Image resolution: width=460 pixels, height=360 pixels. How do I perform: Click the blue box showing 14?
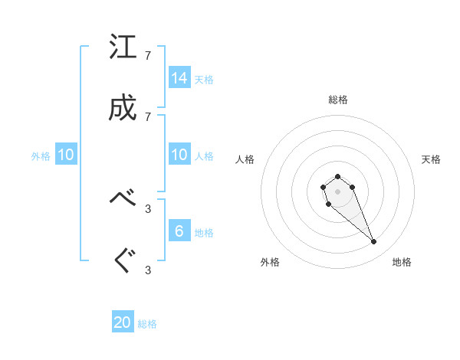(x=179, y=77)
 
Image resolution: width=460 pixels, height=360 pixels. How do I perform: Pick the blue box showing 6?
(x=179, y=231)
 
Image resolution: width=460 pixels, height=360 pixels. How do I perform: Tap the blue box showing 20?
(x=123, y=322)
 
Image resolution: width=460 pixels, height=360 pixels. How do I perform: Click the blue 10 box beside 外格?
(x=66, y=155)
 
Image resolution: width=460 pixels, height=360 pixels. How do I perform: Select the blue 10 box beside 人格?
(x=179, y=155)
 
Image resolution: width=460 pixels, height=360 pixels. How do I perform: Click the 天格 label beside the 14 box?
(x=204, y=79)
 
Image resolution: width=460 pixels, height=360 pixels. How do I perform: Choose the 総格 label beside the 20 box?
(x=147, y=324)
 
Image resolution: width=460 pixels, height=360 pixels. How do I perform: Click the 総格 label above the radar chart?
(x=337, y=100)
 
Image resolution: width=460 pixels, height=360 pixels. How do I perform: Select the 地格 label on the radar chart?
(x=402, y=262)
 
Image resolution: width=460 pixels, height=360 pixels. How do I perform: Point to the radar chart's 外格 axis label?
(x=270, y=262)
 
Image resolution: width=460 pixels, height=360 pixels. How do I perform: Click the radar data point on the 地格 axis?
(x=374, y=242)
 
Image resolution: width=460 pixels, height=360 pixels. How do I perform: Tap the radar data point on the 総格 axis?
(x=337, y=176)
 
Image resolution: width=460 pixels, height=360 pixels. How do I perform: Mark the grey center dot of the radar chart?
(x=337, y=191)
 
